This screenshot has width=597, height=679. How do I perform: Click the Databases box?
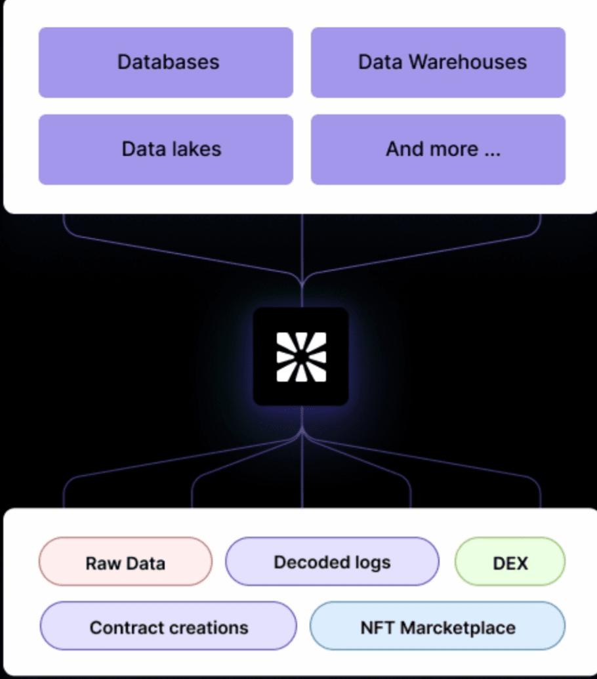[x=166, y=62]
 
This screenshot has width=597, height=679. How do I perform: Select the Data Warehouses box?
[x=438, y=62]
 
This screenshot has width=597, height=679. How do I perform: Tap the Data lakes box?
[x=166, y=150]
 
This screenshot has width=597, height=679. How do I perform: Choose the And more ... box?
[x=438, y=150]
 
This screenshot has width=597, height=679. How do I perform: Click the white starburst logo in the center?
[x=301, y=357]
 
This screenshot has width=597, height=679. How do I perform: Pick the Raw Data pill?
[x=125, y=562]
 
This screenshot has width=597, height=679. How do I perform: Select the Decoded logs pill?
[x=332, y=562]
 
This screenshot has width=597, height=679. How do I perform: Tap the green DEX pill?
[x=510, y=562]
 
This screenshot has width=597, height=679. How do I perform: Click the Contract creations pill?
[x=169, y=626]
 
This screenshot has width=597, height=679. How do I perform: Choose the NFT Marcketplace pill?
[x=437, y=626]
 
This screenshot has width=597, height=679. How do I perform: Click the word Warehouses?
[x=468, y=62]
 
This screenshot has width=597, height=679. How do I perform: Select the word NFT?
[x=377, y=627]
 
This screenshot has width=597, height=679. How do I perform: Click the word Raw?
[x=103, y=564]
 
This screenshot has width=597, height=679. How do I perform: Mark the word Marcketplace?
[x=458, y=628]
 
